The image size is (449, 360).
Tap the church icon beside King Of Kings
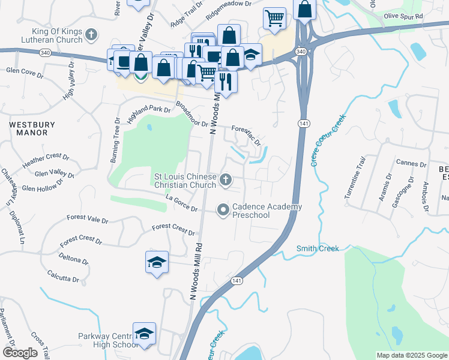91,35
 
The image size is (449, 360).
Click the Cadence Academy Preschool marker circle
223,209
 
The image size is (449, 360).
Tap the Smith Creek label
318,248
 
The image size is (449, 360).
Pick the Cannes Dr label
411,163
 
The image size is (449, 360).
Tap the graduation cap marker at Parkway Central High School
144,333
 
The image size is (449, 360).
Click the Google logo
20,353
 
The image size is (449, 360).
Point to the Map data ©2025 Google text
411,355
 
